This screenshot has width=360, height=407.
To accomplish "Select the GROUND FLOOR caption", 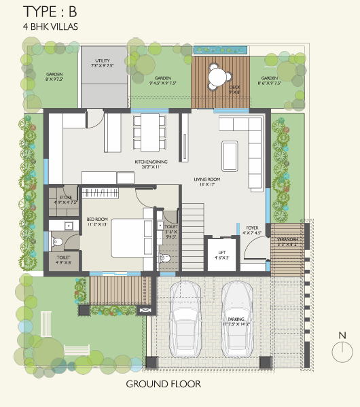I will click(163, 385).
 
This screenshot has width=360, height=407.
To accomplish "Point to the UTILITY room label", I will click(103, 62).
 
